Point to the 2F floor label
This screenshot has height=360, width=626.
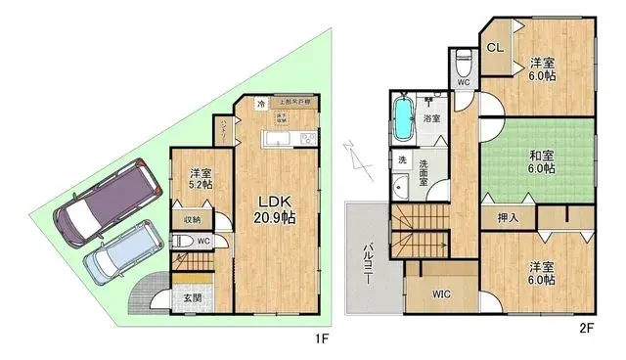point(587,330)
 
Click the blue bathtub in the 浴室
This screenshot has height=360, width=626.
point(402,119)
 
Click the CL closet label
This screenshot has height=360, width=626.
point(495,45)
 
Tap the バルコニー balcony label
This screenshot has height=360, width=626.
point(369,261)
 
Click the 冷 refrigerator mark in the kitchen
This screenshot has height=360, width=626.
point(260,102)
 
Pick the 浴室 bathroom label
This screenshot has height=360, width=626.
point(431,118)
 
